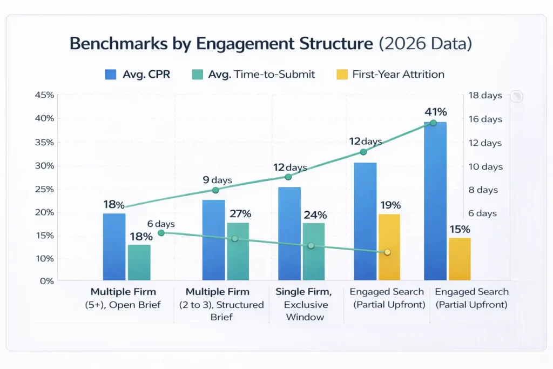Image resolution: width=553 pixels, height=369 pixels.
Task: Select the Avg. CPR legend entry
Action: coord(138,75)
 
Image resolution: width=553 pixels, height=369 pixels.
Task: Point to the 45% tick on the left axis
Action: coord(44,96)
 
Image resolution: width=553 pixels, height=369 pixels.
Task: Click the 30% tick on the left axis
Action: coord(44,166)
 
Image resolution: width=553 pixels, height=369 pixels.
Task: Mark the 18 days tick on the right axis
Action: coord(484,96)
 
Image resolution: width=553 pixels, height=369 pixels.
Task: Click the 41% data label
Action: coord(435,112)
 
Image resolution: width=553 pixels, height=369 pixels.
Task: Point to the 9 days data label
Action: coord(217,180)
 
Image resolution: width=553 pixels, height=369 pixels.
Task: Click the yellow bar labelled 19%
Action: coord(389,247)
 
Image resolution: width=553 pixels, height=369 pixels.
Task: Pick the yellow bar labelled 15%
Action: coord(459,259)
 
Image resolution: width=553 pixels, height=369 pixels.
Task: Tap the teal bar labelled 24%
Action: coord(313,251)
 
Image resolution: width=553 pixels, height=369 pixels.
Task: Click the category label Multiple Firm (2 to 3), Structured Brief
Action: coord(221,304)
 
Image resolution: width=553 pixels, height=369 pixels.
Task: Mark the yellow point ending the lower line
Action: coord(387,252)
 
